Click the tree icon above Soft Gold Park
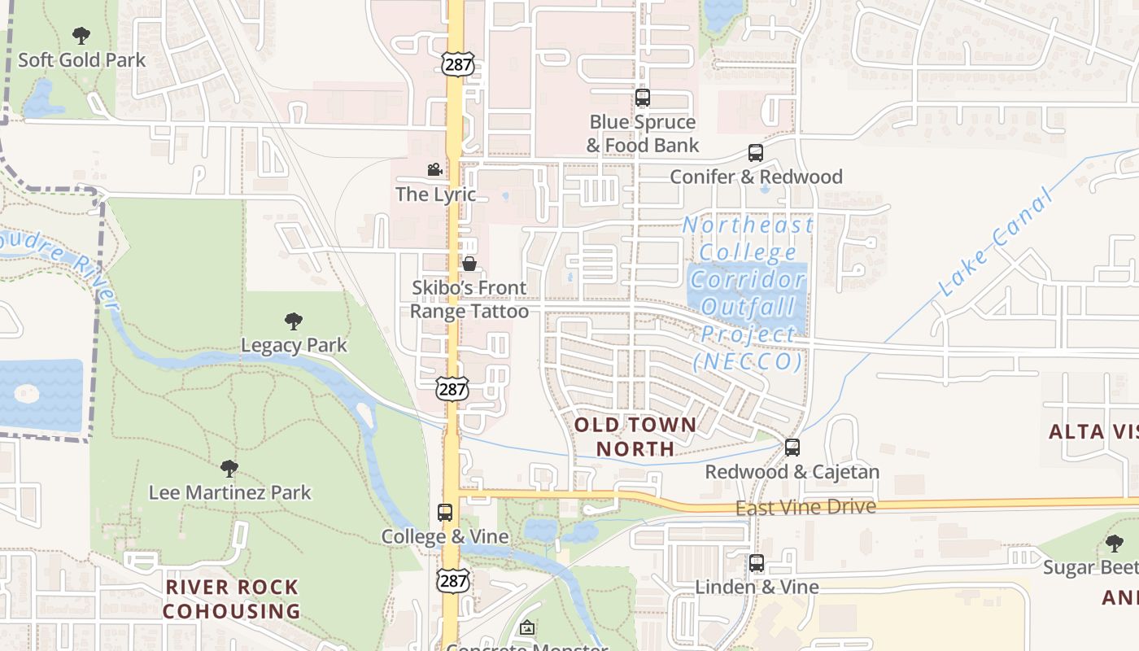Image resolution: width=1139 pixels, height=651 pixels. click(81, 36)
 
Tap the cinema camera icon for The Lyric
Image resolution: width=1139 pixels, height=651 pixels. click(435, 170)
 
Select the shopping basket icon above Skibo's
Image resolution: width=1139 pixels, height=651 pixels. click(469, 264)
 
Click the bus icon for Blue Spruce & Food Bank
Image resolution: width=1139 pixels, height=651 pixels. click(643, 98)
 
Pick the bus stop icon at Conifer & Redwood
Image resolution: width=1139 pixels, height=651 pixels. click(756, 153)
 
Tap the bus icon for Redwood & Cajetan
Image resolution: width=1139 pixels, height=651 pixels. click(792, 448)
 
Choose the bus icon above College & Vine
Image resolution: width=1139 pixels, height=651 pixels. click(445, 513)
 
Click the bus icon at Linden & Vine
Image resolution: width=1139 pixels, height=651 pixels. click(757, 563)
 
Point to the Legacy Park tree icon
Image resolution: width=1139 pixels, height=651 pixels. click(294, 321)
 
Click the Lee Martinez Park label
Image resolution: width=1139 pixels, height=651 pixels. click(229, 492)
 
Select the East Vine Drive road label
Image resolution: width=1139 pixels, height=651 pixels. click(805, 508)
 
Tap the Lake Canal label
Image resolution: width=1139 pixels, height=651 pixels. click(995, 242)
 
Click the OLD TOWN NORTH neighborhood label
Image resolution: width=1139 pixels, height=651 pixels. click(635, 436)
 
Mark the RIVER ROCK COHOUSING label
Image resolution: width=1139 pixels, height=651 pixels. click(232, 599)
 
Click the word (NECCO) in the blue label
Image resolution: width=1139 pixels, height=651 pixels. click(748, 361)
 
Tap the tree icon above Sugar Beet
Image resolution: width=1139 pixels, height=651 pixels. click(1115, 543)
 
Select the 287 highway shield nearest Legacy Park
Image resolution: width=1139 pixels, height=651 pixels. click(452, 389)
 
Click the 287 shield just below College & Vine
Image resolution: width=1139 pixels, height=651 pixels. click(452, 579)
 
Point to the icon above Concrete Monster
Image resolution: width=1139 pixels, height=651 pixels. click(527, 627)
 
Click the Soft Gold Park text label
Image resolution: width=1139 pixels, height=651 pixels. click(81, 60)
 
